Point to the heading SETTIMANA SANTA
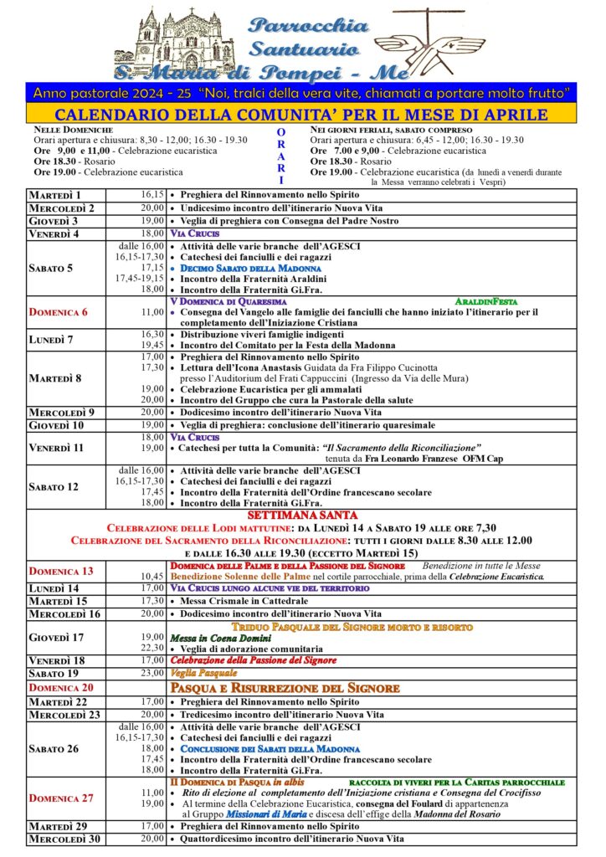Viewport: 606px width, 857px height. click(302, 515)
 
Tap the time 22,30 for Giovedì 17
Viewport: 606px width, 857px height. click(151, 648)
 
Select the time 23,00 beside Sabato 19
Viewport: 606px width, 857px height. click(151, 673)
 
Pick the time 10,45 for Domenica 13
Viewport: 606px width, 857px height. click(151, 577)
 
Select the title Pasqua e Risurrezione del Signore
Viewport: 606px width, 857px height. click(285, 687)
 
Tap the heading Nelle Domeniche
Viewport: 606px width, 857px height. click(73, 131)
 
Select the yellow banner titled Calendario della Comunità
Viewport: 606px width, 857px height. click(302, 115)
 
